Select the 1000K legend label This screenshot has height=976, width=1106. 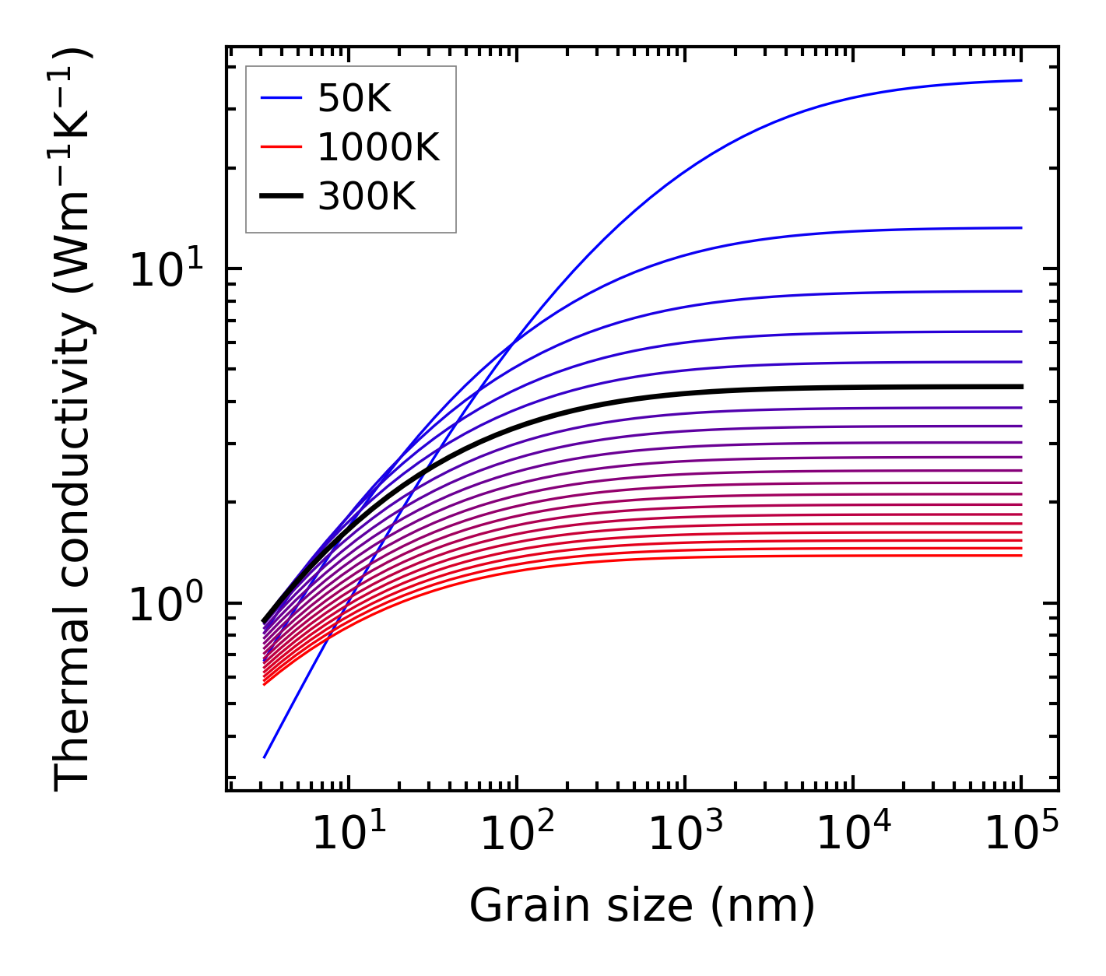[378, 147]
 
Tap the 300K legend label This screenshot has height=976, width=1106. [367, 197]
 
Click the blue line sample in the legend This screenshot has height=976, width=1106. [280, 98]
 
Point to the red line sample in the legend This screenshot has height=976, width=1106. [280, 147]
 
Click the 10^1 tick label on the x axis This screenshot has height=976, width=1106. [348, 834]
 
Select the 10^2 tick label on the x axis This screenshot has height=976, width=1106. [516, 834]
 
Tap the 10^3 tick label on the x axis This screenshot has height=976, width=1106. [684, 834]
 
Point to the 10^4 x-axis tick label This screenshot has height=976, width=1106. [852, 834]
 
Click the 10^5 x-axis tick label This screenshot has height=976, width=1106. [1020, 834]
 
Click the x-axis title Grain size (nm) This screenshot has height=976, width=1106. [642, 906]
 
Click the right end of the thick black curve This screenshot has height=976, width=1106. [1020, 386]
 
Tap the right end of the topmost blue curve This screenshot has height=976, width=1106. [1020, 80]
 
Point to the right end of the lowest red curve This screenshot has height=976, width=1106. [1020, 555]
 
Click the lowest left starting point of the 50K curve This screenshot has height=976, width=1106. [265, 757]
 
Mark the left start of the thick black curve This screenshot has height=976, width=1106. [265, 621]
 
